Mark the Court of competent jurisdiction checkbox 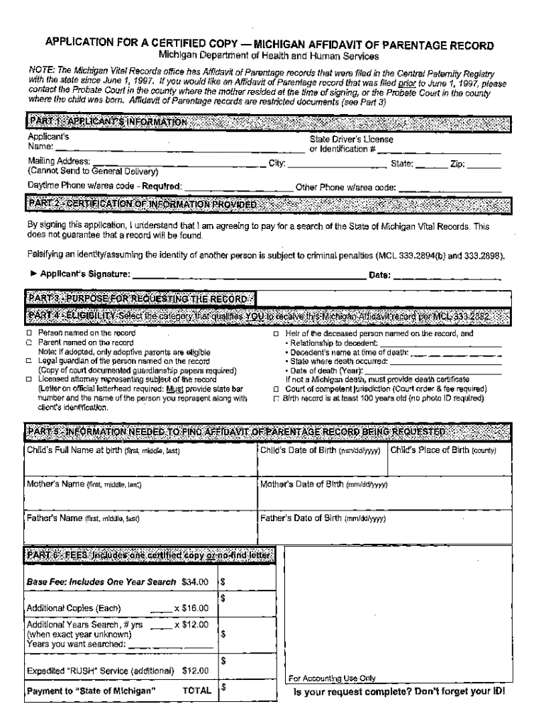277,389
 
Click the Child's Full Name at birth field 140,461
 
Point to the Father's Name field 140,529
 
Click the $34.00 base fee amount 195,582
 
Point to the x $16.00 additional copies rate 191,608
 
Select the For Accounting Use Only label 332,678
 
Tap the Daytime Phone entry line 238,186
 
